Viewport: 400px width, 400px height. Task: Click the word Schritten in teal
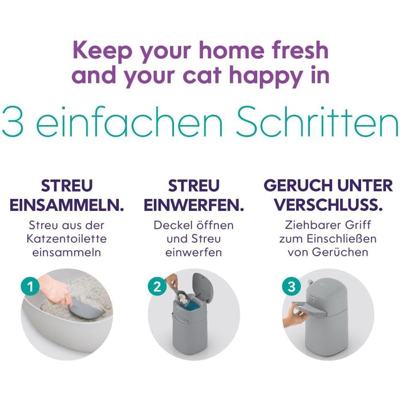click(317, 122)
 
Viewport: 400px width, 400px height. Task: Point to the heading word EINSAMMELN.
click(67, 205)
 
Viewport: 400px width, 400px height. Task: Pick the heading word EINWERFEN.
click(194, 205)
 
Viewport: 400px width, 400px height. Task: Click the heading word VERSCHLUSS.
click(329, 205)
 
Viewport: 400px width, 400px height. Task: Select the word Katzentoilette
click(67, 239)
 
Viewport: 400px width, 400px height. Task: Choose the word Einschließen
click(342, 239)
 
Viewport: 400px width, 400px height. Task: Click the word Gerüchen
click(340, 253)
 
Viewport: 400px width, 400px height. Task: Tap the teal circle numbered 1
click(30, 287)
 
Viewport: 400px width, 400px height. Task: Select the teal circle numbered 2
click(157, 287)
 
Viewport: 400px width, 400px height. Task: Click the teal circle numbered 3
click(291, 287)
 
